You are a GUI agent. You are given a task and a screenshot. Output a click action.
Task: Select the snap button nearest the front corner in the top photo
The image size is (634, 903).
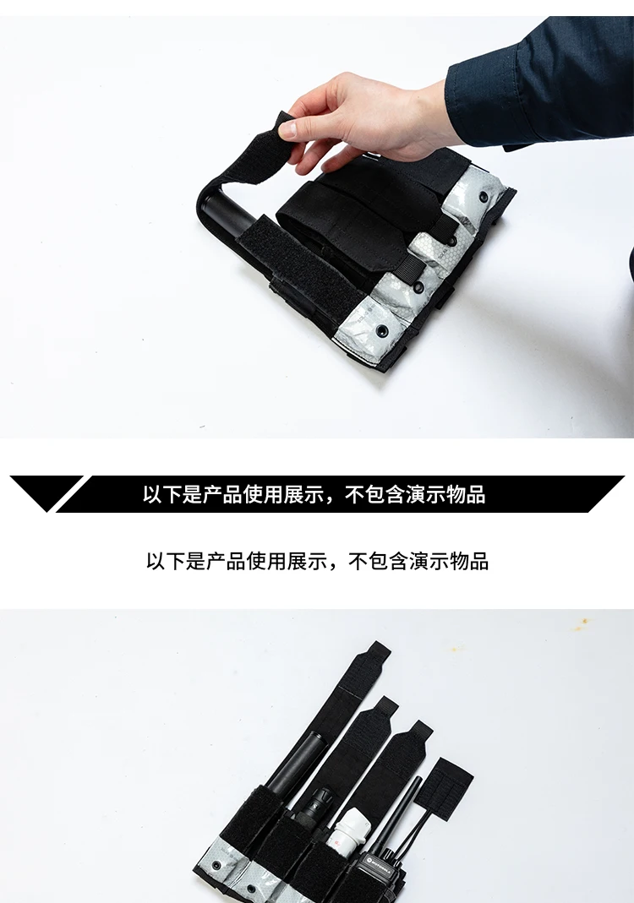[x=381, y=331]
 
